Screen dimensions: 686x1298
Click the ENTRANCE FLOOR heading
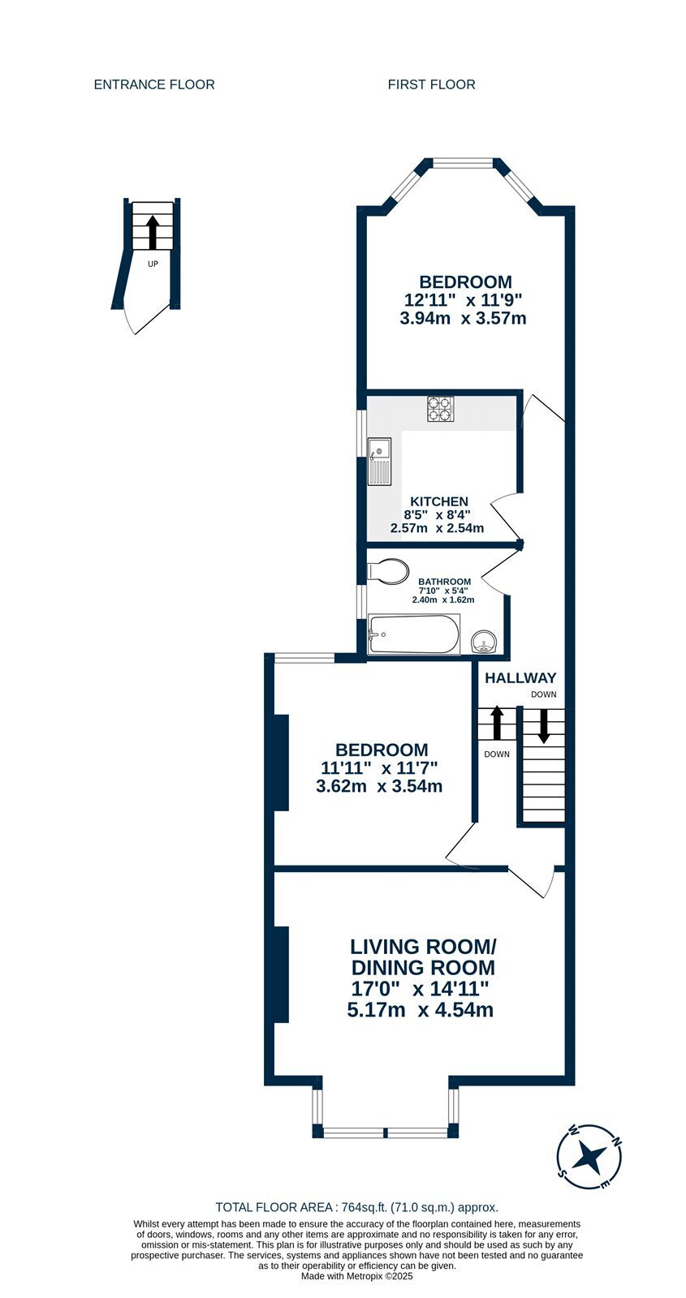click(x=154, y=84)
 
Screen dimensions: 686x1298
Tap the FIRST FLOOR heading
click(x=431, y=84)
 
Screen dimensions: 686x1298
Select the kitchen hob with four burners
click(x=441, y=409)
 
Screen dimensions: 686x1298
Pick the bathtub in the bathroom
click(x=414, y=634)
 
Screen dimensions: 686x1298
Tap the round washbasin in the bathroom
click(x=483, y=642)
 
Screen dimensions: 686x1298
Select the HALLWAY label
click(x=520, y=678)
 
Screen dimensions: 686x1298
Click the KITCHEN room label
click(x=439, y=502)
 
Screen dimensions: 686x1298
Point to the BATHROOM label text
click(x=445, y=582)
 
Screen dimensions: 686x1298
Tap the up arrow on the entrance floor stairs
click(x=153, y=232)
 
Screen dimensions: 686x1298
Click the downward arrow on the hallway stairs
click(x=543, y=725)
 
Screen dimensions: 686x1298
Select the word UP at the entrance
click(x=153, y=264)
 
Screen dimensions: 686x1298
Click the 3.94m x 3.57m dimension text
click(x=463, y=318)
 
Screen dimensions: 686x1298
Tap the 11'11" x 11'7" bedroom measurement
click(x=379, y=768)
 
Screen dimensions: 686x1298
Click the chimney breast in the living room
click(x=281, y=975)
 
